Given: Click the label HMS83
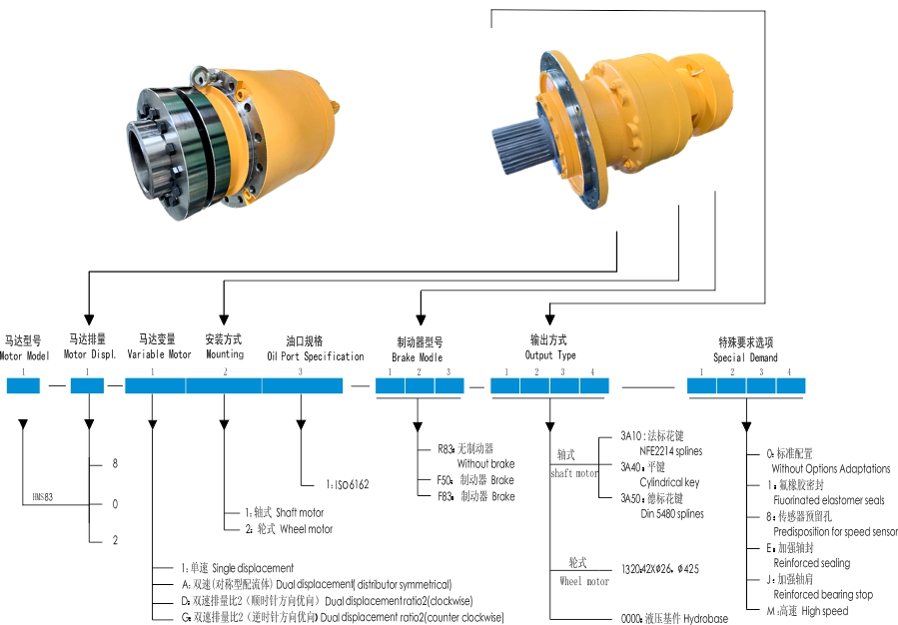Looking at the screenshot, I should click(x=41, y=495).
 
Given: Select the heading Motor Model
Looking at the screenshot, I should click(x=24, y=355).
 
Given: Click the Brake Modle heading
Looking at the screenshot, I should click(x=417, y=356).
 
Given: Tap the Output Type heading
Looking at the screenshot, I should click(x=550, y=355).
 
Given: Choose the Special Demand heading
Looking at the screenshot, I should click(x=745, y=357).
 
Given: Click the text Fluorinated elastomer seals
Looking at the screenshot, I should click(x=828, y=500).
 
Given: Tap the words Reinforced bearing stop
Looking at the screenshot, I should click(x=822, y=595).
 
